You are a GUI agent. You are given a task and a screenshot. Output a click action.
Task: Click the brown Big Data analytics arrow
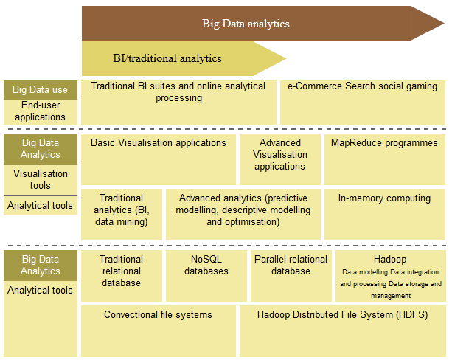click(x=263, y=23)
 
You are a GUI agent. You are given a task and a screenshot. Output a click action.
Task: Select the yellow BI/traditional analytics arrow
click(x=184, y=58)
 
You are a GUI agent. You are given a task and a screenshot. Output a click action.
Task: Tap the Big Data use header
click(x=41, y=90)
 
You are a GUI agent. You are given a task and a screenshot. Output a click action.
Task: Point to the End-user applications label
click(x=41, y=111)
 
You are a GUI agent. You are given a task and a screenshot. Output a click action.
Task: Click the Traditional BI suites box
click(x=178, y=103)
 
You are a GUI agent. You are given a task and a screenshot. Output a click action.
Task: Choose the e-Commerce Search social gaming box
click(x=363, y=103)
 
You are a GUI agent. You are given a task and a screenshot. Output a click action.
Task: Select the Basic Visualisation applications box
click(x=159, y=159)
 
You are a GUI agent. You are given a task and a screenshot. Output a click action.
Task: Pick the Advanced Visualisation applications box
click(x=280, y=159)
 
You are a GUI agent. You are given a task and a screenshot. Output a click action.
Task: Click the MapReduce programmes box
click(x=385, y=159)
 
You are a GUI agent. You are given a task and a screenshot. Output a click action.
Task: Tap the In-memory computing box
click(x=385, y=215)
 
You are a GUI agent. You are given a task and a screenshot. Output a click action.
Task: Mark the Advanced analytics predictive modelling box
click(x=243, y=215)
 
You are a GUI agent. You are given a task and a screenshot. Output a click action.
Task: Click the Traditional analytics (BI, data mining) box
click(x=122, y=215)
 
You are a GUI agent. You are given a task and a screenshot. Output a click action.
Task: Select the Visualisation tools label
click(x=41, y=179)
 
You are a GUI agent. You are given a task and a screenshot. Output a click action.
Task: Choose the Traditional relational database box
click(x=122, y=276)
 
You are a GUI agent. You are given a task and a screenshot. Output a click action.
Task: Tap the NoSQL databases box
click(x=206, y=276)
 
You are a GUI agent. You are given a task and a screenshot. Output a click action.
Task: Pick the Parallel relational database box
click(x=291, y=276)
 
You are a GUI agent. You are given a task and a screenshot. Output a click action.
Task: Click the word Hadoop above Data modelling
click(x=390, y=259)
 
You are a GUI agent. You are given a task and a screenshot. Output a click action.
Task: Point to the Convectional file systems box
click(x=159, y=331)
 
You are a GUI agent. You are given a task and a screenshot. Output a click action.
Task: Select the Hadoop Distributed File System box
click(x=342, y=331)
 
